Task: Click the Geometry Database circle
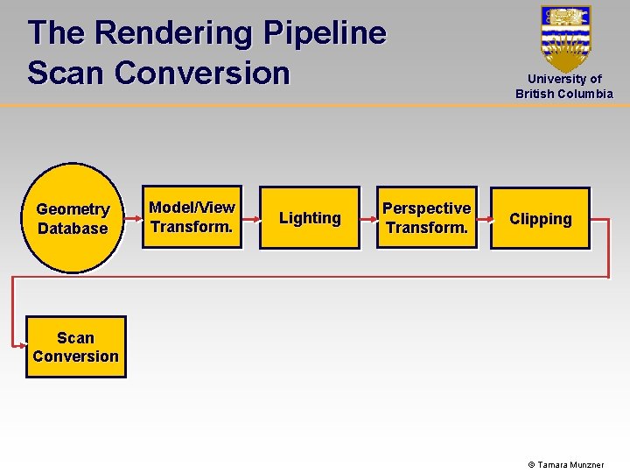73,218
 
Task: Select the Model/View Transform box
192,217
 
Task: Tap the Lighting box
310,218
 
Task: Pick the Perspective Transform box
427,218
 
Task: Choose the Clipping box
540,219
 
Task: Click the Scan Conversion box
75,347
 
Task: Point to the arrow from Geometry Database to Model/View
131,218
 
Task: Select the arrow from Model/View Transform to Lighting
250,218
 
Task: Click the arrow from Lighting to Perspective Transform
368,218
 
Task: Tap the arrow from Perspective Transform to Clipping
484,218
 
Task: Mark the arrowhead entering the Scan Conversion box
21,346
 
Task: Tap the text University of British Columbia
564,86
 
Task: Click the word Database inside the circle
73,229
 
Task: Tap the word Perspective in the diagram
427,208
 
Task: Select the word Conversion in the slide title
200,73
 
